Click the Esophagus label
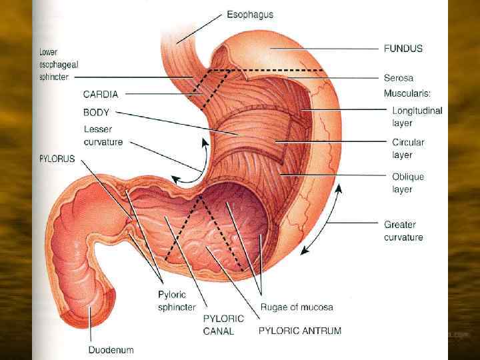tap(250, 14)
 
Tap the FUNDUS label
tap(403, 49)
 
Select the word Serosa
tap(399, 78)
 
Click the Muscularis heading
tap(407, 93)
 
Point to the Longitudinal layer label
tap(417, 117)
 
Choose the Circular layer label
tap(408, 149)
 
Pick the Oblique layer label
tap(408, 183)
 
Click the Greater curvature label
tap(403, 231)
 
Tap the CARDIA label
tap(101, 95)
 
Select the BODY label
tap(97, 113)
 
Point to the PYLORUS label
tap(57, 159)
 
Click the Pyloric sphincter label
tap(177, 301)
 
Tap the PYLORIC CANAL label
tap(223, 325)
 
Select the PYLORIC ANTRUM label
tap(299, 331)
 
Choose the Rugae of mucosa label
tap(296, 307)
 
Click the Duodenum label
tap(111, 349)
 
